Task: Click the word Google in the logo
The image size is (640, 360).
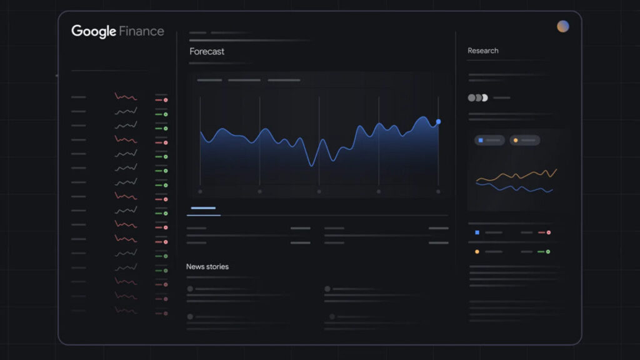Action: tap(94, 31)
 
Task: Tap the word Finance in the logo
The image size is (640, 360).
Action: tap(141, 31)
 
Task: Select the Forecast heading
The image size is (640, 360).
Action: tap(207, 51)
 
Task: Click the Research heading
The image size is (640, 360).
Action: tap(483, 51)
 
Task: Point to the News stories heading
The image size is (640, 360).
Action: tap(207, 267)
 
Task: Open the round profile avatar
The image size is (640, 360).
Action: tap(563, 26)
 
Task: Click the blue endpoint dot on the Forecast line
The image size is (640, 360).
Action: tap(438, 121)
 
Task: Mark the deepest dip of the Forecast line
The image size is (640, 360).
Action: tap(312, 165)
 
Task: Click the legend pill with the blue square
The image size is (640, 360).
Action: tap(489, 141)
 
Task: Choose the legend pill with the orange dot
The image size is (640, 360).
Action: tap(524, 141)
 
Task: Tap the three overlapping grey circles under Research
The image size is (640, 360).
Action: tap(478, 97)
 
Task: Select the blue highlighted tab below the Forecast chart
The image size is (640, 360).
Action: tap(203, 208)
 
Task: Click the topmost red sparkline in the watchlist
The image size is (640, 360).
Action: tap(126, 97)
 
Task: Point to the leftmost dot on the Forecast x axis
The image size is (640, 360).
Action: tap(200, 191)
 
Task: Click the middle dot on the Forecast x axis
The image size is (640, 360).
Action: tap(319, 191)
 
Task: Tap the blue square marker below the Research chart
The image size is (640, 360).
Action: tap(477, 232)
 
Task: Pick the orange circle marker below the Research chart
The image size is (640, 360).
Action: tap(477, 252)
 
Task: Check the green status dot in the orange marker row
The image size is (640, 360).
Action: tap(548, 252)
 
